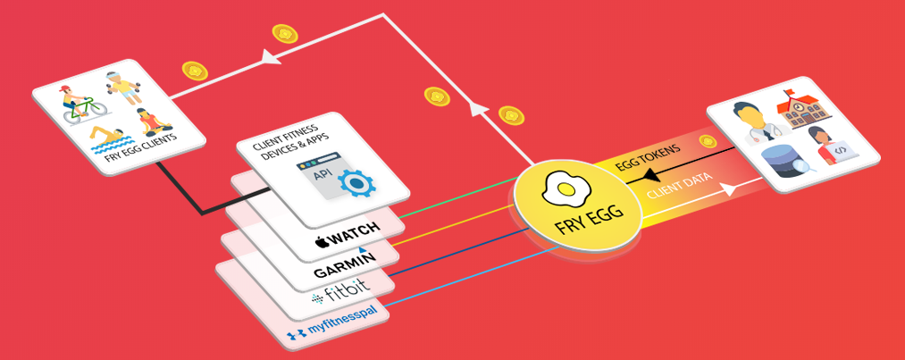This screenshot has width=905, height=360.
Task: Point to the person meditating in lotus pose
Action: click(x=147, y=122)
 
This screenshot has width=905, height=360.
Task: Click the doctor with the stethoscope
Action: click(x=751, y=122)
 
